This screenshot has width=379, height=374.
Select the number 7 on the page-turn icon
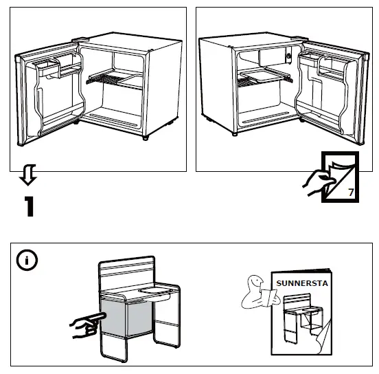coord(352,193)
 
